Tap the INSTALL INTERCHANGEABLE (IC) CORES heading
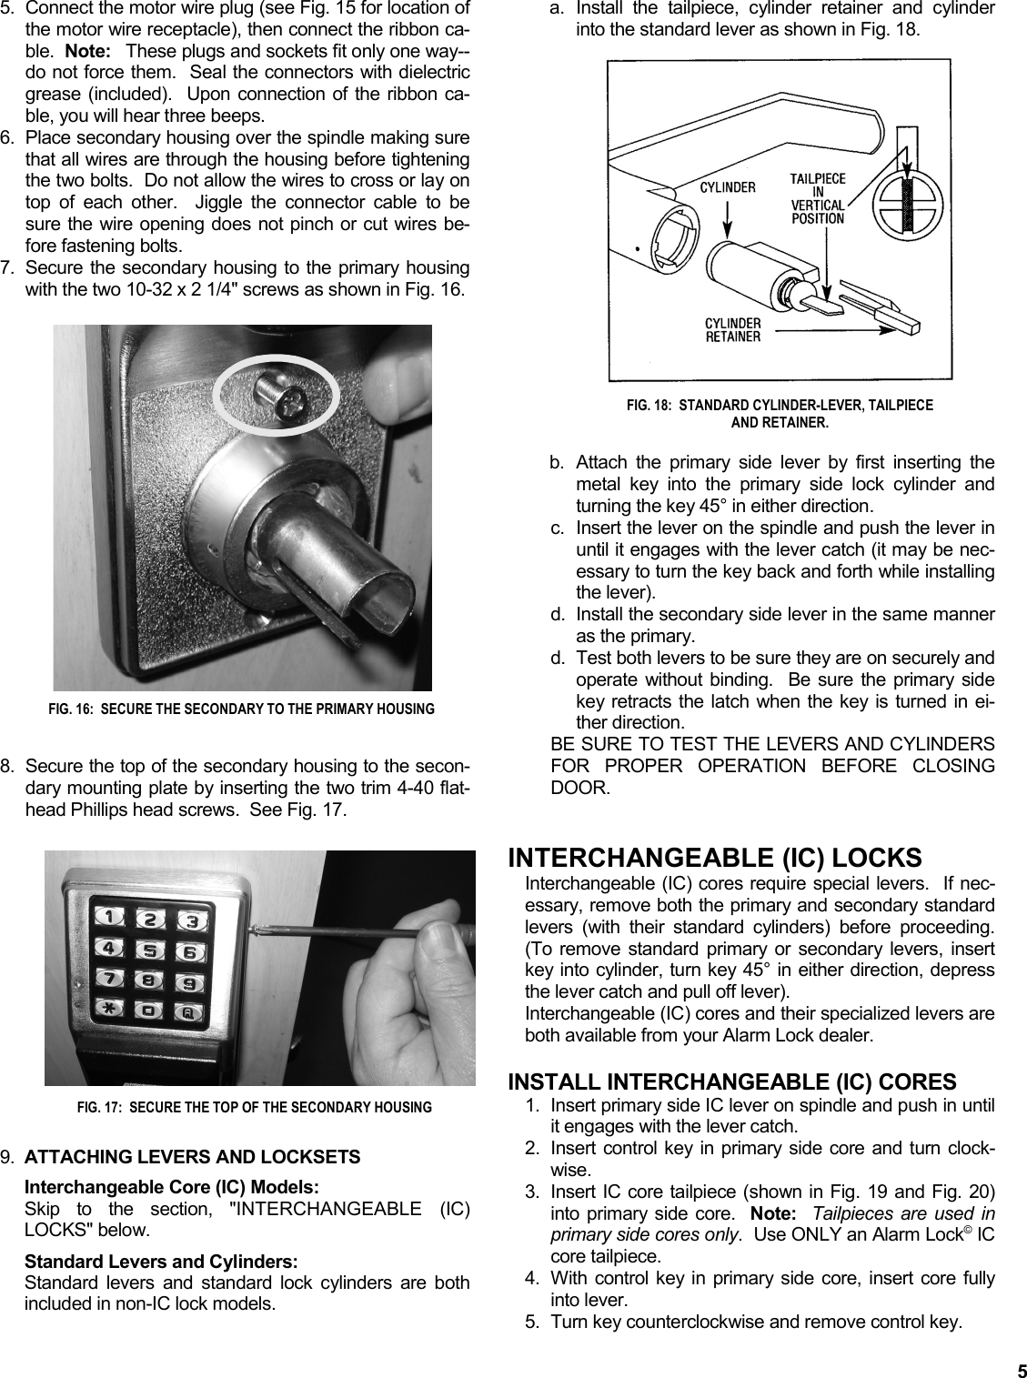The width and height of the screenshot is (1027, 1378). click(x=731, y=1081)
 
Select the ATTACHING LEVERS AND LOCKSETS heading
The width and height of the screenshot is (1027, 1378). click(x=192, y=1157)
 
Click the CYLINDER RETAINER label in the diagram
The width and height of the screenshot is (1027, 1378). click(x=733, y=329)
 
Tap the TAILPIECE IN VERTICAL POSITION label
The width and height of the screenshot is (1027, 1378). click(x=818, y=198)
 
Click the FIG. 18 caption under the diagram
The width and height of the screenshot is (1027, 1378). click(x=780, y=413)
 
